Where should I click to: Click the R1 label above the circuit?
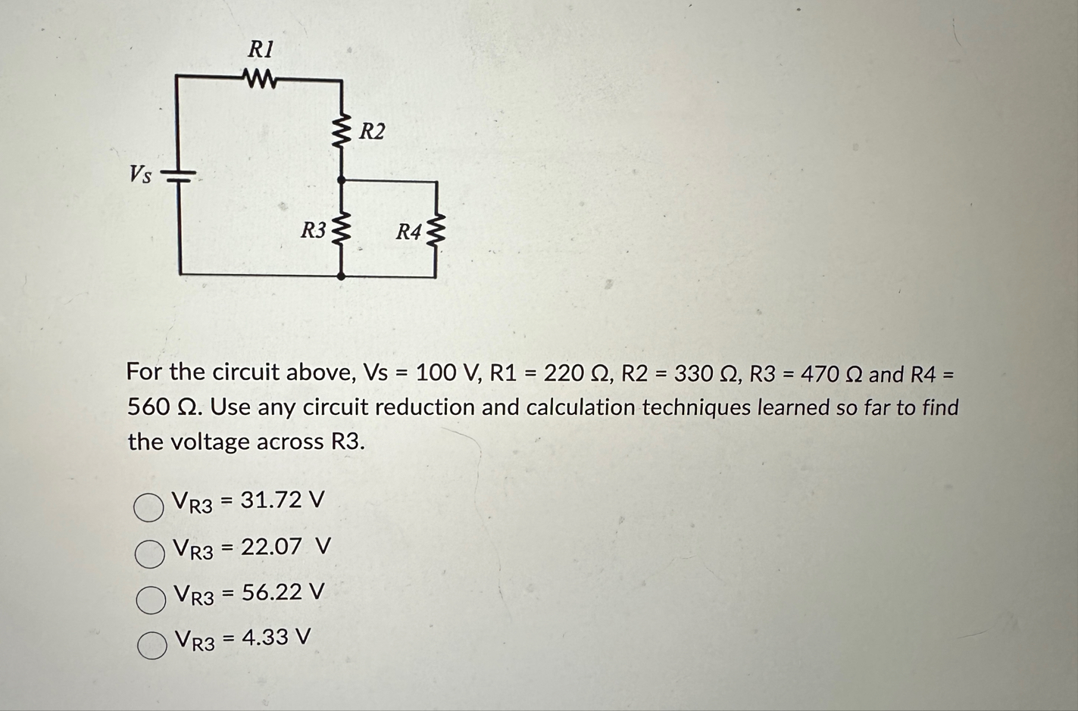coord(261,50)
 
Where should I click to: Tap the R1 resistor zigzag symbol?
coord(260,77)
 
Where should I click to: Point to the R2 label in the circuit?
coord(371,132)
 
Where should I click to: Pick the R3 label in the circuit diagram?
coord(313,229)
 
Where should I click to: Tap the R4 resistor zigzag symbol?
coord(436,230)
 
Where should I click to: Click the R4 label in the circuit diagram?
coord(408,232)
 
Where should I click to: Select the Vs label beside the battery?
coord(140,176)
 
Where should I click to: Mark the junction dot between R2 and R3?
coord(342,180)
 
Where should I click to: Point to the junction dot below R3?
coord(342,276)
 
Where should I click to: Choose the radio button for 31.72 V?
coord(148,507)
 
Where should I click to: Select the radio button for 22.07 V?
coord(149,554)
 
